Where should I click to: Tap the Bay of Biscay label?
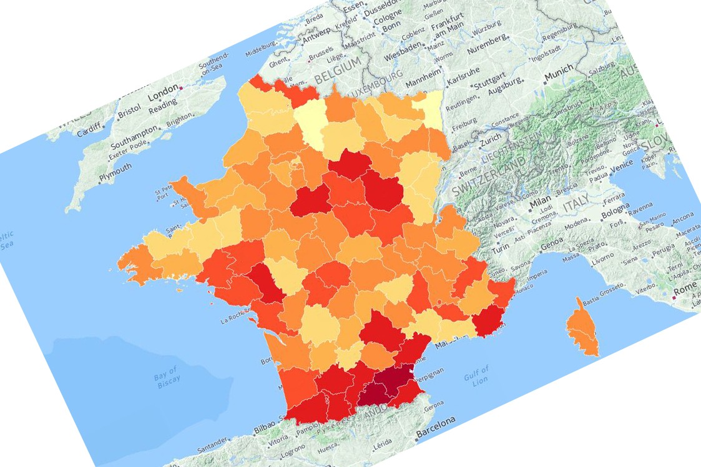click(167, 375)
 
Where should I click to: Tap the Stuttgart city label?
click(488, 86)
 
